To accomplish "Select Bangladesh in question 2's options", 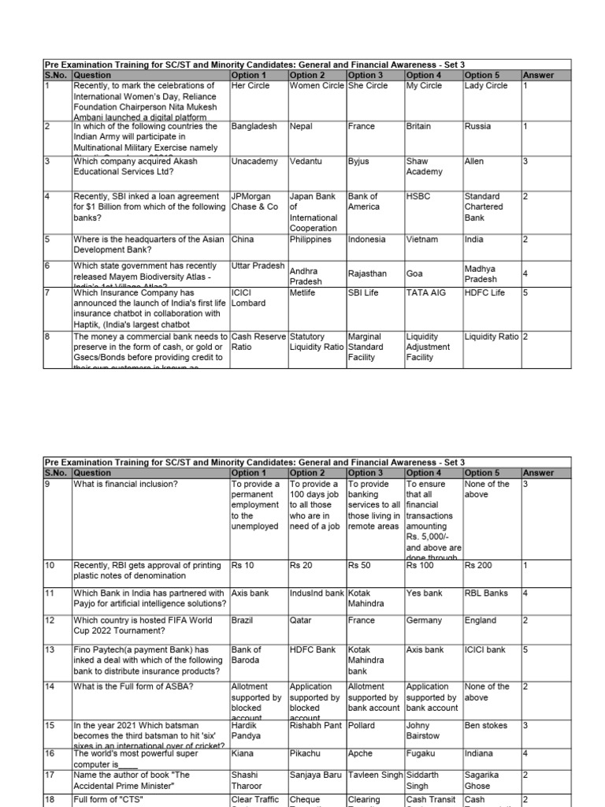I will coord(254,126).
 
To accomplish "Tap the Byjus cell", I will coord(358,162).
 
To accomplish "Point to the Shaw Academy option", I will coord(424,166).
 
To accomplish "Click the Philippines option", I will coord(311,240).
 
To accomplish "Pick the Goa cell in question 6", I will coord(414,274).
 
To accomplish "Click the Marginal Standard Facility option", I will coord(365,347).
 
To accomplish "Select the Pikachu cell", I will coord(306,754).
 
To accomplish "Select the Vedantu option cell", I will coord(306,162).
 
